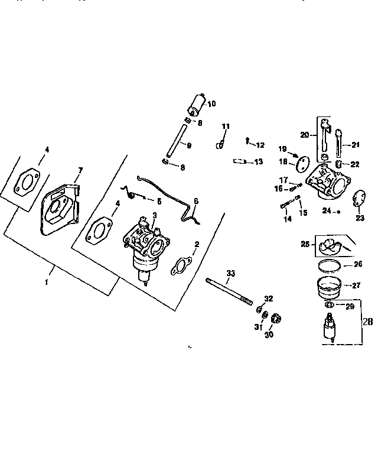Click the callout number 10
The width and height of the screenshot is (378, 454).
pyautogui.click(x=211, y=103)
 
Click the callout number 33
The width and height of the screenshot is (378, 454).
pyautogui.click(x=230, y=273)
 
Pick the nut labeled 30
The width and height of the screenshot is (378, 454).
pyautogui.click(x=275, y=321)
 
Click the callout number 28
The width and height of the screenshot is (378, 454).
pyautogui.click(x=367, y=322)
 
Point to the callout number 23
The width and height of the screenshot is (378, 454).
pyautogui.click(x=360, y=217)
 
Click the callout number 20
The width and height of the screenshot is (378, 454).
pyautogui.click(x=304, y=135)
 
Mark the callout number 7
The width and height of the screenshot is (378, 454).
pyautogui.click(x=80, y=170)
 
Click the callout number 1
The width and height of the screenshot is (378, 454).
pyautogui.click(x=47, y=283)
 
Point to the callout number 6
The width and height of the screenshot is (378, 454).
pyautogui.click(x=196, y=201)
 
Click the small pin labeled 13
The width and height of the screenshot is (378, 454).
pyautogui.click(x=239, y=161)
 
